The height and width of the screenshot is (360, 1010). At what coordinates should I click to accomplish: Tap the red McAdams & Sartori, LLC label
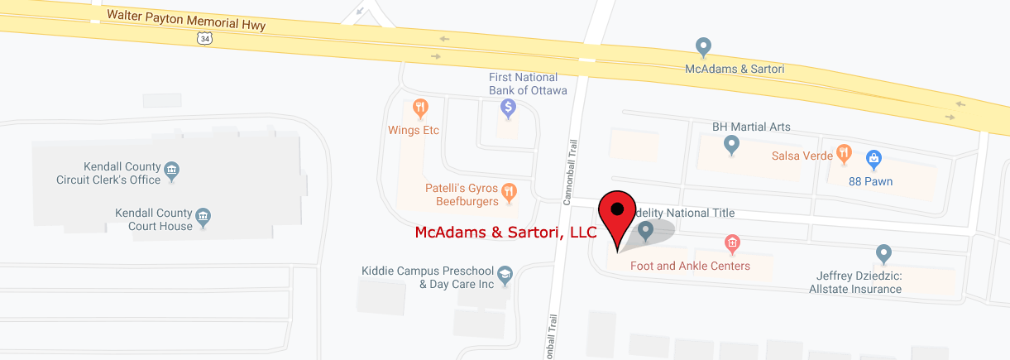point(505,233)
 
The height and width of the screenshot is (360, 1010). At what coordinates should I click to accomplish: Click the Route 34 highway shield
point(203,38)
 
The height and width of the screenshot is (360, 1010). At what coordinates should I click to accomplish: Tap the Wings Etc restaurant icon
point(420,108)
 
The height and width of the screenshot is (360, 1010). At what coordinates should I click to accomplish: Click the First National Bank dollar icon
point(508,108)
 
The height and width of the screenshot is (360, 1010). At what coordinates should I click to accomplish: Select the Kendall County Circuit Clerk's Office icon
point(171,171)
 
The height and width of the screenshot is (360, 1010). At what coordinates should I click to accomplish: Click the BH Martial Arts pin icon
point(731,146)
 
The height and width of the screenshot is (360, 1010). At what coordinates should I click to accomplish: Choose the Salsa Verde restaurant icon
point(843,153)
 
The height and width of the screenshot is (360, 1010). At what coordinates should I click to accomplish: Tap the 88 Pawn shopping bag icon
point(873,158)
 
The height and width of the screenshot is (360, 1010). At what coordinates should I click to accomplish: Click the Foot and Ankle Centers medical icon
point(731,243)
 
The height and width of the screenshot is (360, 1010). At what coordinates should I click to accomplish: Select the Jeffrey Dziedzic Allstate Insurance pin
point(883,253)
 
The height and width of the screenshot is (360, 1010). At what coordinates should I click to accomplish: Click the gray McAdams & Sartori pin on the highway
point(703,46)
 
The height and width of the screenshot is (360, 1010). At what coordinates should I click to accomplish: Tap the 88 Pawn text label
point(871,181)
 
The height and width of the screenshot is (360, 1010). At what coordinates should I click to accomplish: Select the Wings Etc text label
point(414,130)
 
